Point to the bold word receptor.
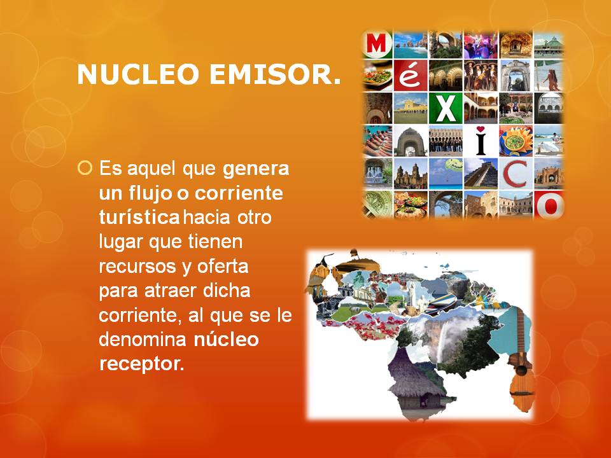tap(141, 363)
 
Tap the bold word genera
tap(256, 169)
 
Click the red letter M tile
tap(377, 44)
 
